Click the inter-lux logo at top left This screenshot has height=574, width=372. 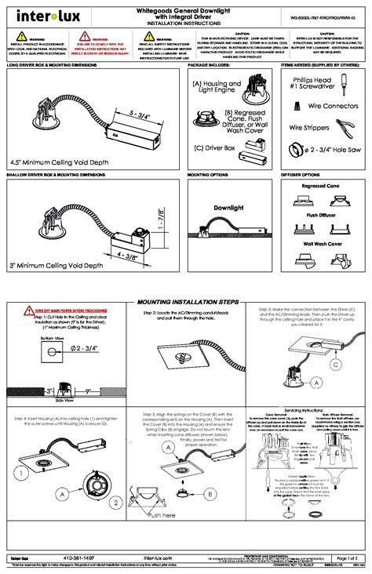click(x=39, y=14)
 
